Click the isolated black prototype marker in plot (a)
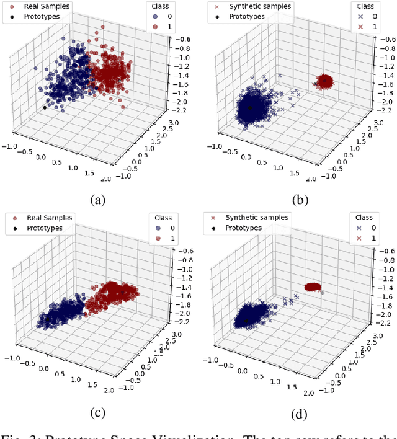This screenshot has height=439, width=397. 45,107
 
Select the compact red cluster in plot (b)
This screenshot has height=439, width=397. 325,81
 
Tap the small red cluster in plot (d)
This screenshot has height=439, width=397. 314,286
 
